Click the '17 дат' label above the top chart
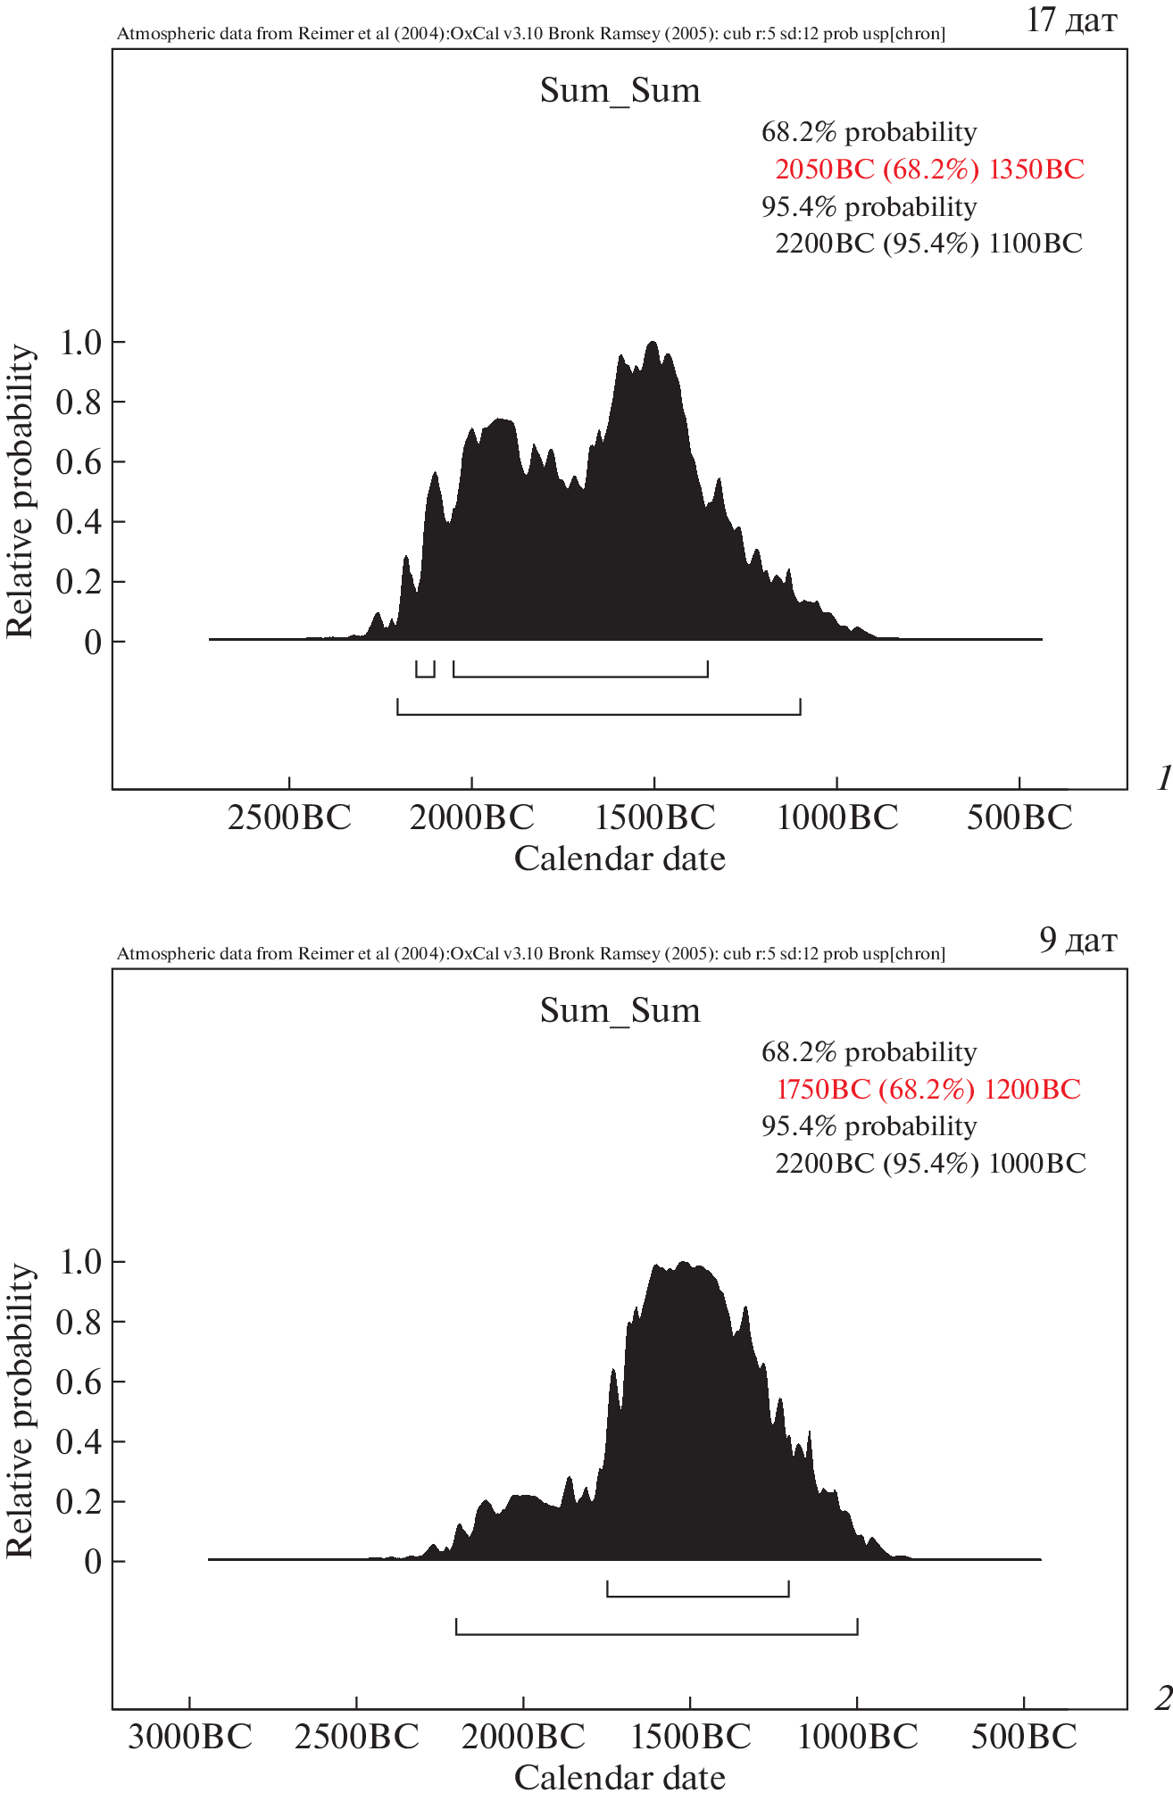coord(1070,20)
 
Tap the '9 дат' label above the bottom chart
coord(1077,940)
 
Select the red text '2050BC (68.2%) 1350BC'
coord(929,169)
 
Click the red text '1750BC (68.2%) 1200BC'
coord(928,1089)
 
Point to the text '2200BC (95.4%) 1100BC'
coord(928,243)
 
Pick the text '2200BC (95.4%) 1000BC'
coord(930,1163)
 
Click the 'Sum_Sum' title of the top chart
coord(620,91)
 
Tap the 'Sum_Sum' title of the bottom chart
coord(620,1011)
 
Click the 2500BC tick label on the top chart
coord(289,818)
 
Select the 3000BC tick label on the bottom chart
coord(189,1738)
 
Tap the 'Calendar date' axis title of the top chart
coord(620,859)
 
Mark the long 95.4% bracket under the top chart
coord(598,712)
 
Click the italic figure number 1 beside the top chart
coord(1162,779)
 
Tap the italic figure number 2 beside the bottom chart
coord(1162,1699)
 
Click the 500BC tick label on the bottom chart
coord(1024,1738)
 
